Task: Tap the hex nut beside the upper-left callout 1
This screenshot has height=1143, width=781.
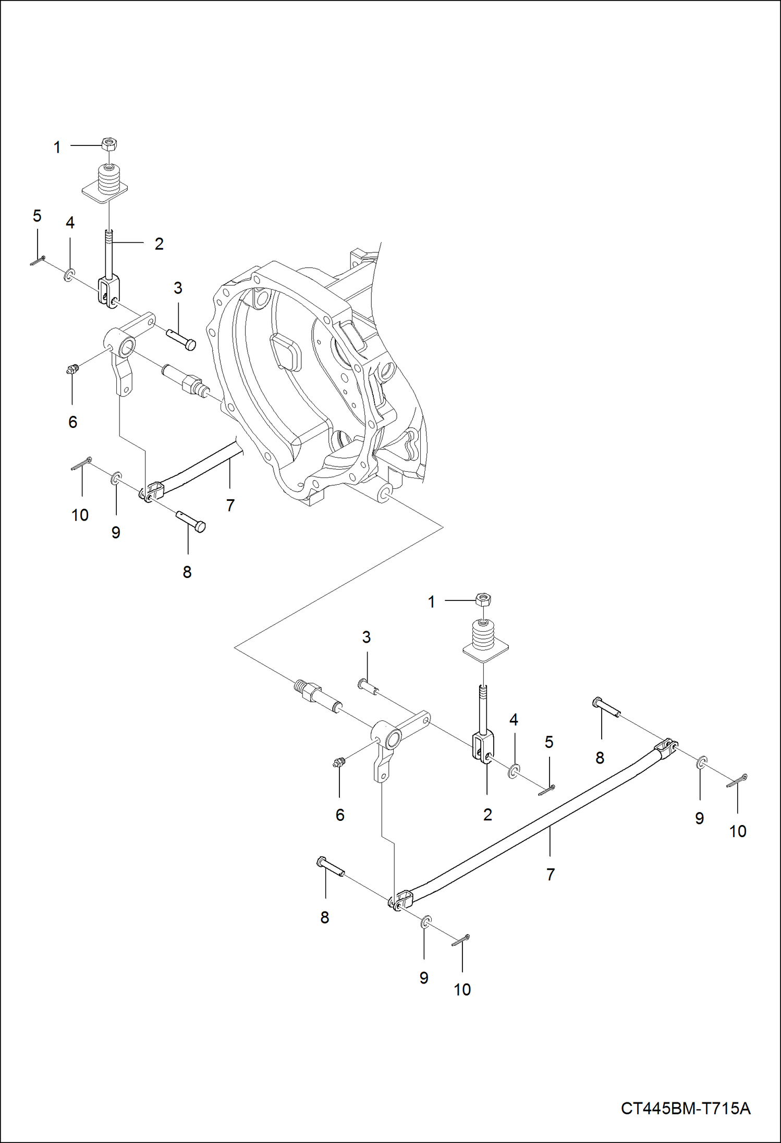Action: tap(109, 144)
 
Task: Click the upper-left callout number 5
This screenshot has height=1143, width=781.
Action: tap(37, 216)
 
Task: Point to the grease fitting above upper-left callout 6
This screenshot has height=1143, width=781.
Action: tap(71, 371)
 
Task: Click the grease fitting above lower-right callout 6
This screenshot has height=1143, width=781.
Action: tap(339, 764)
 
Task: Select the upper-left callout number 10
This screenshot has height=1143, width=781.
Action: tap(80, 515)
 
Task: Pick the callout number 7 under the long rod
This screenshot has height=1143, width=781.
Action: tap(551, 874)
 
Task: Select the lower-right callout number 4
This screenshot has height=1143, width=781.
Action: tap(514, 720)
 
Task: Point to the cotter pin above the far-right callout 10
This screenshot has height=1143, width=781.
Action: tap(737, 781)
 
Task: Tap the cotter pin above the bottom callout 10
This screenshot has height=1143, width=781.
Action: tap(461, 939)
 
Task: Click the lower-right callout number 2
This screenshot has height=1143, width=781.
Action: tap(487, 814)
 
